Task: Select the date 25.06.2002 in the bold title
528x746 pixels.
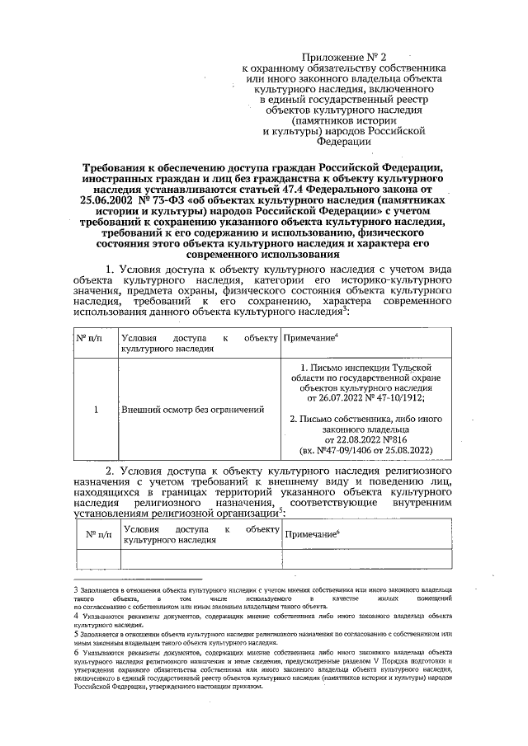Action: pos(110,199)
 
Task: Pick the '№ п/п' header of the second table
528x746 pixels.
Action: pos(98,534)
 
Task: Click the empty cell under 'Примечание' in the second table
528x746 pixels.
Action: pos(366,559)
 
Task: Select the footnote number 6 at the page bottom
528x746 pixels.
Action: pos(75,651)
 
